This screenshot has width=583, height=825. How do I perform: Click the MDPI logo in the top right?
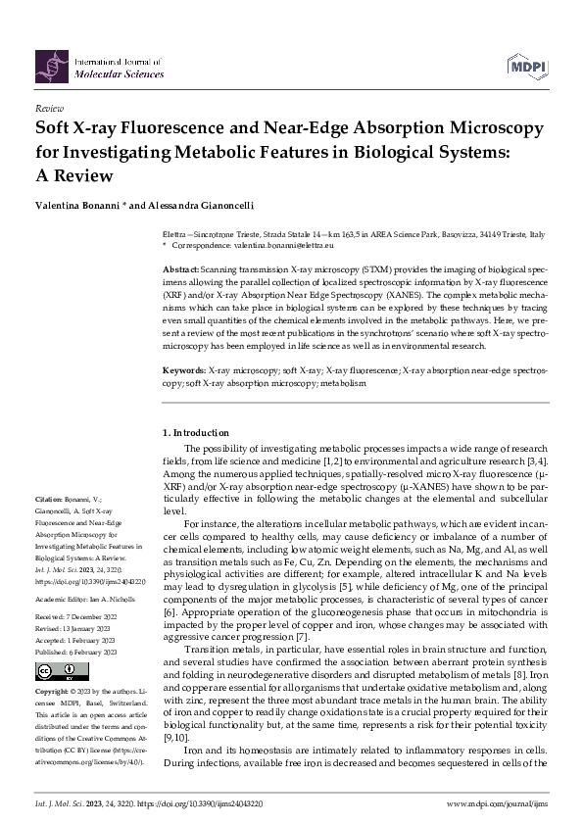pos(527,66)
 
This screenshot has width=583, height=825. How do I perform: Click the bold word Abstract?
pos(180,267)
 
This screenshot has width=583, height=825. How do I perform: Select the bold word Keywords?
pos(183,345)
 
